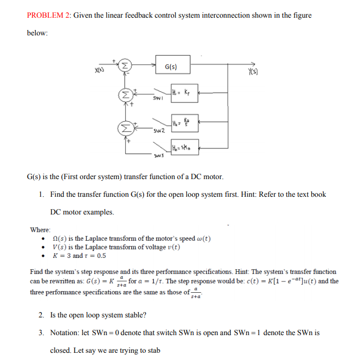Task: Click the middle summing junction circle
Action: pyautogui.click(x=125, y=95)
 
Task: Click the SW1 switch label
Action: pyautogui.click(x=157, y=99)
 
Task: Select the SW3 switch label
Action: pyautogui.click(x=157, y=156)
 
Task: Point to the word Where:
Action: pyautogui.click(x=41, y=229)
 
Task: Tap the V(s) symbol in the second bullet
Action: pyautogui.click(x=61, y=247)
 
